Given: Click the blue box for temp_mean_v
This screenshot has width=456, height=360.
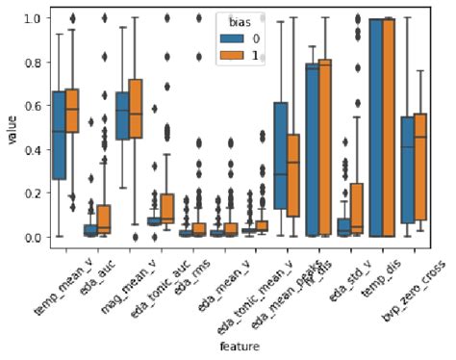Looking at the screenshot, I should (x=59, y=135).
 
